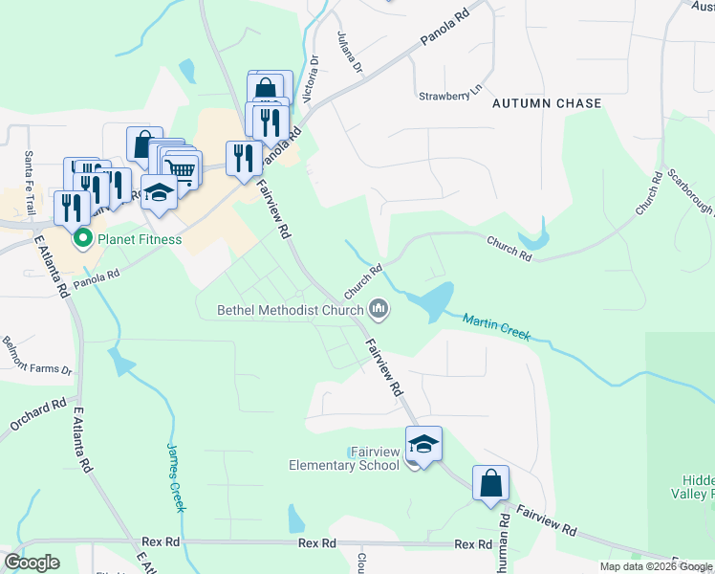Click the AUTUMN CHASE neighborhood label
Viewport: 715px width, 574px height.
click(x=547, y=103)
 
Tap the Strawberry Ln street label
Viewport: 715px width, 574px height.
click(x=447, y=97)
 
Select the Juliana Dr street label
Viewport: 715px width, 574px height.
click(x=350, y=52)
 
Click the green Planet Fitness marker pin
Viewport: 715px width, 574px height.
click(x=82, y=238)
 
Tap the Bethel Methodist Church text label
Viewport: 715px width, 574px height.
click(x=290, y=309)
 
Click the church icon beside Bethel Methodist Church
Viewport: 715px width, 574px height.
click(x=379, y=308)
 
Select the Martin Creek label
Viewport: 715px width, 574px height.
click(x=496, y=327)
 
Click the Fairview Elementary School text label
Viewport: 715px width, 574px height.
click(x=344, y=458)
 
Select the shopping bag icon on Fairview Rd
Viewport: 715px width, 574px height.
click(x=490, y=483)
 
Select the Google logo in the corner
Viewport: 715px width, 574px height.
click(x=32, y=562)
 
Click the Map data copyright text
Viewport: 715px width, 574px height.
click(x=656, y=566)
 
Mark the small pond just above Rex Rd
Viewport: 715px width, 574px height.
click(x=295, y=519)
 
